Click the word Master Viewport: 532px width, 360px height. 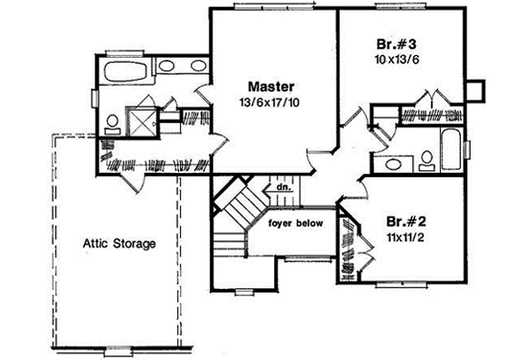[x=270, y=86]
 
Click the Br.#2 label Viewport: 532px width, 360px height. [x=403, y=219]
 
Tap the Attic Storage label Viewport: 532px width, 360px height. [x=120, y=242]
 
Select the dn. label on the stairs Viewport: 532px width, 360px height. [x=283, y=188]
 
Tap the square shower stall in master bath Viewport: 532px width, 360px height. [x=139, y=120]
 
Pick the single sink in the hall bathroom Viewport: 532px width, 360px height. [x=391, y=163]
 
